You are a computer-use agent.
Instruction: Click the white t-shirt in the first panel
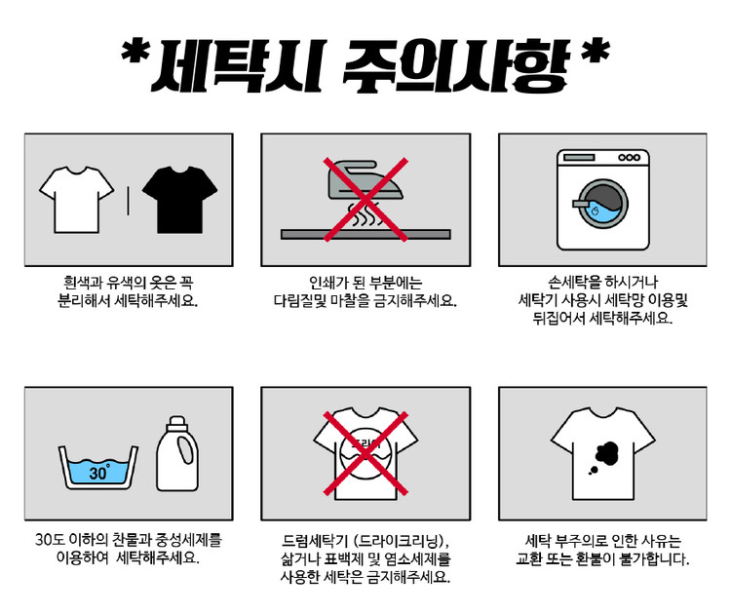(x=76, y=200)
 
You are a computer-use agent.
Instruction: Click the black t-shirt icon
(x=179, y=200)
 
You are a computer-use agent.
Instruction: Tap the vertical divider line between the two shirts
(x=129, y=201)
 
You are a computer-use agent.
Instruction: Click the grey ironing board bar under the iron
(x=365, y=235)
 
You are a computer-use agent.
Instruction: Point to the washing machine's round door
(x=602, y=204)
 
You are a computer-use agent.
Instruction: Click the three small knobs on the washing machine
(x=629, y=158)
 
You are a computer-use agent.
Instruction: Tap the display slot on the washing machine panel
(x=579, y=158)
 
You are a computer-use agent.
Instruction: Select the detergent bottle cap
(x=177, y=424)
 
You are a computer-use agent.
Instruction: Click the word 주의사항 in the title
(x=456, y=66)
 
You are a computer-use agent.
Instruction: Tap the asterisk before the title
(x=135, y=52)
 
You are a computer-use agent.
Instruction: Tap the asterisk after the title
(x=596, y=52)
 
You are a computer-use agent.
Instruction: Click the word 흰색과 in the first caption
(x=82, y=283)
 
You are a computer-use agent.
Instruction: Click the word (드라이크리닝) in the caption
(x=401, y=541)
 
